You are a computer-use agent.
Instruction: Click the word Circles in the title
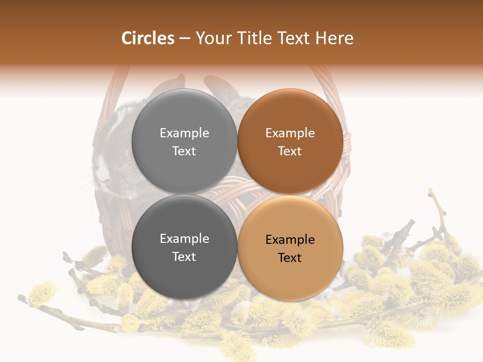148,38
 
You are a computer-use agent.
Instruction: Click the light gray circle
184,141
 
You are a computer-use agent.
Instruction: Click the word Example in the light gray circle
184,133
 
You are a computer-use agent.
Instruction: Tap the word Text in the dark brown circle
290,151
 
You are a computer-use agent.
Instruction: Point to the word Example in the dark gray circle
184,239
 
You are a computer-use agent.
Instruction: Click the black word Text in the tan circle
290,258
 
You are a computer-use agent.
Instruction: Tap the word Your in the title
213,38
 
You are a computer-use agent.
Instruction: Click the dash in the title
185,38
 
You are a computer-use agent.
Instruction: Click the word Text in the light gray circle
184,151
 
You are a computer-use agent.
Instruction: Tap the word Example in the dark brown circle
290,133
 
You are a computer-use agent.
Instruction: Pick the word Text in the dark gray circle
184,257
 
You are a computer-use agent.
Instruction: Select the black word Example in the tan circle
290,240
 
